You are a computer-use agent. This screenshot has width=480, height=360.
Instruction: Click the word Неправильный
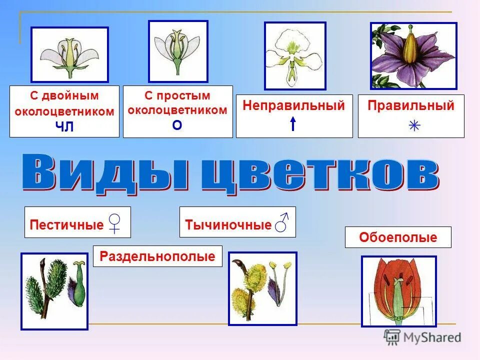pyautogui.click(x=294, y=105)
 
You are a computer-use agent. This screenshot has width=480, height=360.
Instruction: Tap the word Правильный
pyautogui.click(x=411, y=105)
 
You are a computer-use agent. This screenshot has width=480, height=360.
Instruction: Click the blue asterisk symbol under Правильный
pyautogui.click(x=414, y=125)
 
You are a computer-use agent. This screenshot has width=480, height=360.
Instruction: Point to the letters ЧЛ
pyautogui.click(x=64, y=127)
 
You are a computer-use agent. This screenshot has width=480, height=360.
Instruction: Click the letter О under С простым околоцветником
pyautogui.click(x=177, y=125)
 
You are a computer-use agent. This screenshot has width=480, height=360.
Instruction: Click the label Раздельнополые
pyautogui.click(x=157, y=256)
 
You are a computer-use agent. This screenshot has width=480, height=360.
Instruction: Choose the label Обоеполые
pyautogui.click(x=398, y=237)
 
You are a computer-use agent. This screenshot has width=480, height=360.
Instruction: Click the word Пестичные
pyautogui.click(x=66, y=224)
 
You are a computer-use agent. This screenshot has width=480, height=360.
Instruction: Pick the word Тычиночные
pyautogui.click(x=228, y=224)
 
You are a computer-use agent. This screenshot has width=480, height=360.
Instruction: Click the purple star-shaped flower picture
pyautogui.click(x=413, y=56)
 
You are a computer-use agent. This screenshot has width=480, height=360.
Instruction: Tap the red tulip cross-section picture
pyautogui.click(x=398, y=291)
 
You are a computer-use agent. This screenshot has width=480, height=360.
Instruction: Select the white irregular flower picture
pyautogui.click(x=294, y=56)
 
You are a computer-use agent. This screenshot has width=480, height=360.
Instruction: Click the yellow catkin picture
pyautogui.click(x=262, y=288)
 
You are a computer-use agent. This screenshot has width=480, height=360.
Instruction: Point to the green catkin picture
pyautogui.click(x=54, y=291)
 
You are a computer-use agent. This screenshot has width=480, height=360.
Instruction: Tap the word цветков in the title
pyautogui.click(x=320, y=174)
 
